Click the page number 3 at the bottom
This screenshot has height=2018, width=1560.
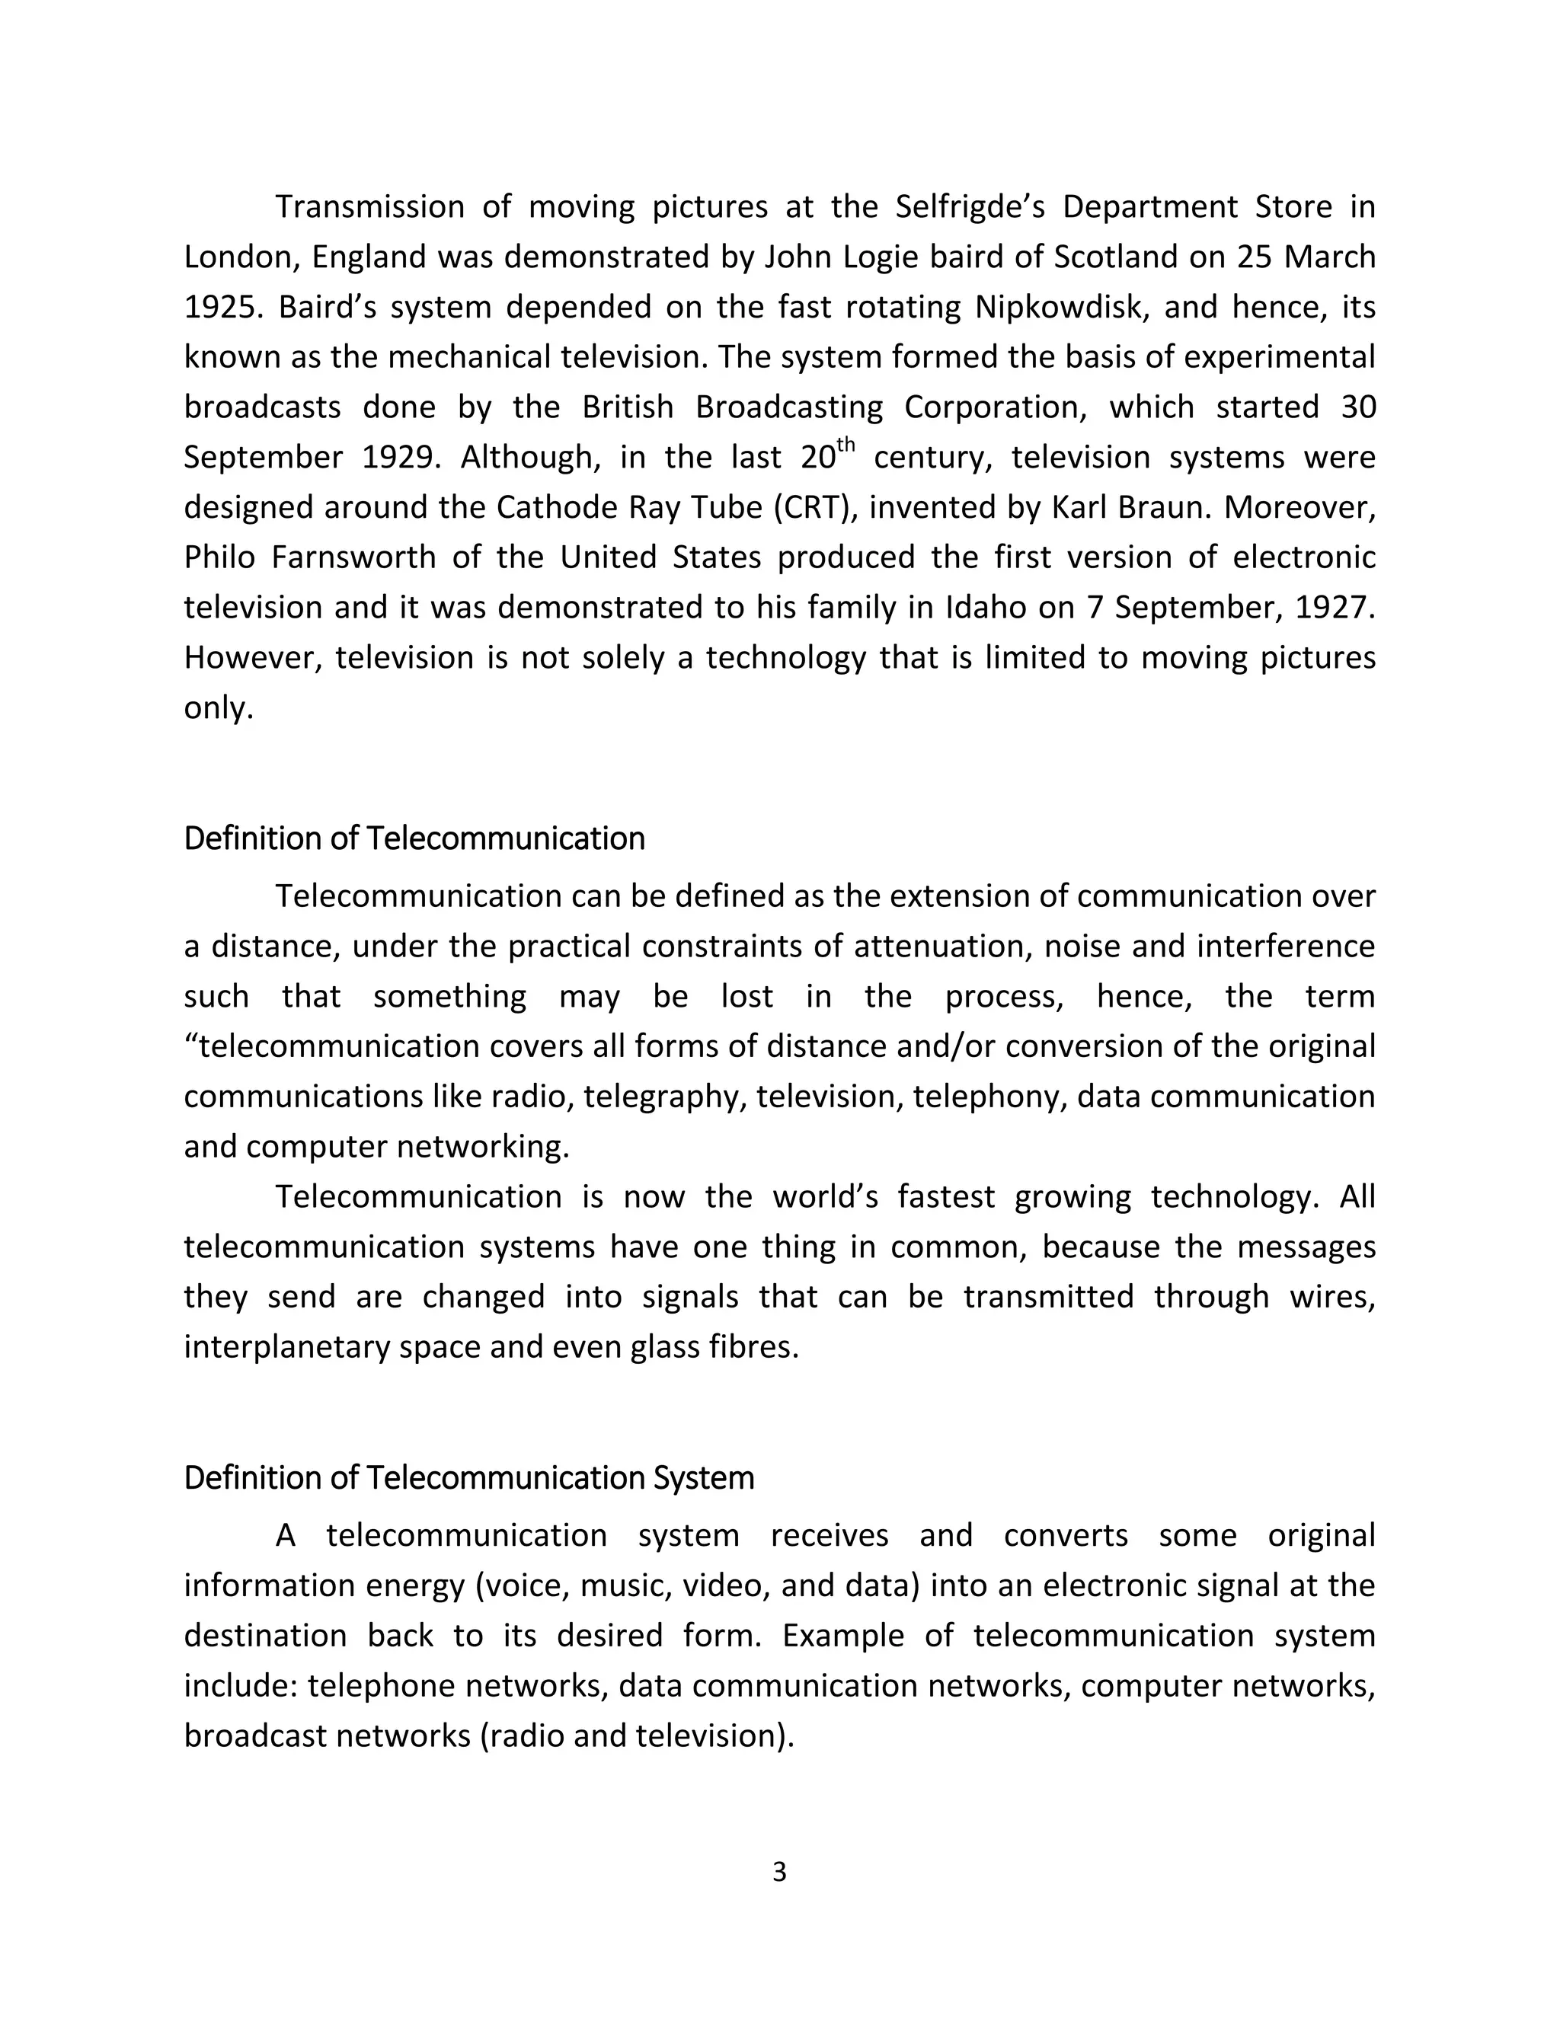(779, 1871)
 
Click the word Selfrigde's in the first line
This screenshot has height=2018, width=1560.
(970, 207)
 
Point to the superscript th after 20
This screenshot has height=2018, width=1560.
(846, 445)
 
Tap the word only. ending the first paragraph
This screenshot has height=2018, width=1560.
(218, 709)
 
